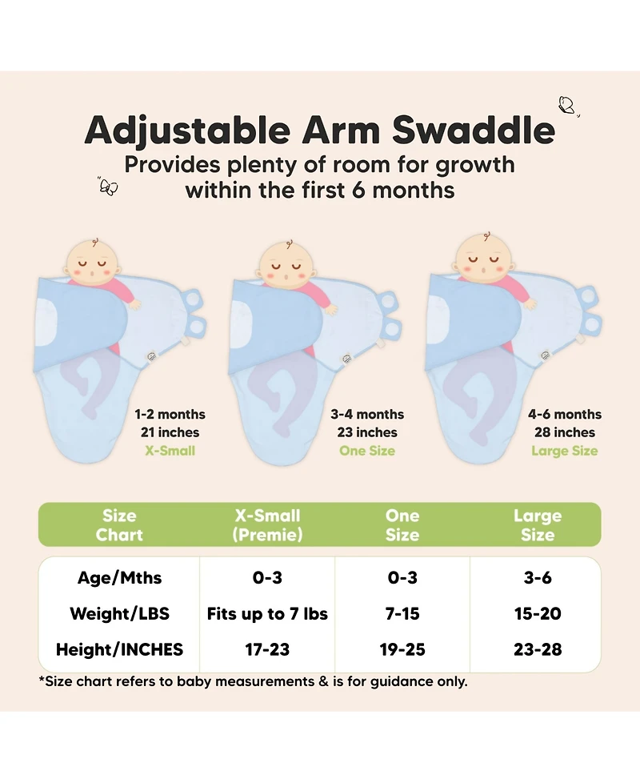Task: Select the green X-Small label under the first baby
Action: click(170, 451)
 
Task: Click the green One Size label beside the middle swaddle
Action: click(367, 451)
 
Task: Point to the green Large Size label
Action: click(564, 451)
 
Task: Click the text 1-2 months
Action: click(170, 414)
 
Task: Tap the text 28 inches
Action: click(564, 432)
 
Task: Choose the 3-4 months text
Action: click(367, 414)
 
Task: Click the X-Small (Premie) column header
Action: click(267, 525)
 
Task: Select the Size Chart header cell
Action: click(119, 525)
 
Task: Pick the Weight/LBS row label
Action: click(119, 614)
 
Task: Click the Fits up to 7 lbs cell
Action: click(267, 614)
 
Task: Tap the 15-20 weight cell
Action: click(538, 614)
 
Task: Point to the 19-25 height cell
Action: click(402, 649)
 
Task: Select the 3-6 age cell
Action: click(538, 577)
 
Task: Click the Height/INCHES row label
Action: click(119, 649)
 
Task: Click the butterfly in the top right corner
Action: click(567, 105)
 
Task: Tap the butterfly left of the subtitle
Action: click(108, 186)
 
